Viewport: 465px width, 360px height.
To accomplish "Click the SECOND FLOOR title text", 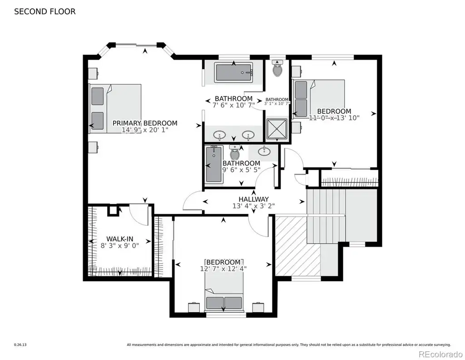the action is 45,11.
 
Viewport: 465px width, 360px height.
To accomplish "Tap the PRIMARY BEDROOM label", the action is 145,123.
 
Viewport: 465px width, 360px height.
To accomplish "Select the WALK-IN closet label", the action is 120,239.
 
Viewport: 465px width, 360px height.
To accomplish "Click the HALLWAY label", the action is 253,199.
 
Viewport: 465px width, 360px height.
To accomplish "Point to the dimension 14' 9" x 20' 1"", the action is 145,130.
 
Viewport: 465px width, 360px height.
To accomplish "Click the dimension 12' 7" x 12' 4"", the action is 223,269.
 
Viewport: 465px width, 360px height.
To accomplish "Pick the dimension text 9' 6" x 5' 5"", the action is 242,170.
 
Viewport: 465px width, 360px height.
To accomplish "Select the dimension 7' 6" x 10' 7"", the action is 234,105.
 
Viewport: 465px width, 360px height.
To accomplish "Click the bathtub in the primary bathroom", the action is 234,72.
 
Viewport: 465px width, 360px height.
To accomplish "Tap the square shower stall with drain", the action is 277,129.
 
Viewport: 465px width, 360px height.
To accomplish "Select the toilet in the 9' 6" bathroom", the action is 235,152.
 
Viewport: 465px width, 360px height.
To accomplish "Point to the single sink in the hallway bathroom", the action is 264,152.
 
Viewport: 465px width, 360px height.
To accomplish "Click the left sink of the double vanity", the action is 219,135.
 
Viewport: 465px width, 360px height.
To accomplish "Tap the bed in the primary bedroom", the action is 115,108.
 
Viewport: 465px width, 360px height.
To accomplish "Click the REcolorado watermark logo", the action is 440,354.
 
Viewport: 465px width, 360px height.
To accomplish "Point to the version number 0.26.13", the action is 20,345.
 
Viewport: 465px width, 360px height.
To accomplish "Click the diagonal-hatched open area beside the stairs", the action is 298,246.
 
